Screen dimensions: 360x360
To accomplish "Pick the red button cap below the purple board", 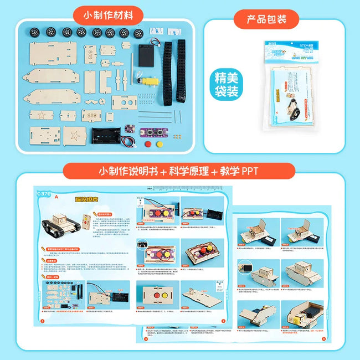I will click(148, 144).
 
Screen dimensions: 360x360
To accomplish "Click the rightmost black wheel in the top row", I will click(138, 33).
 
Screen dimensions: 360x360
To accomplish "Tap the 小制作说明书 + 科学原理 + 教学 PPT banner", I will click(179, 171).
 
